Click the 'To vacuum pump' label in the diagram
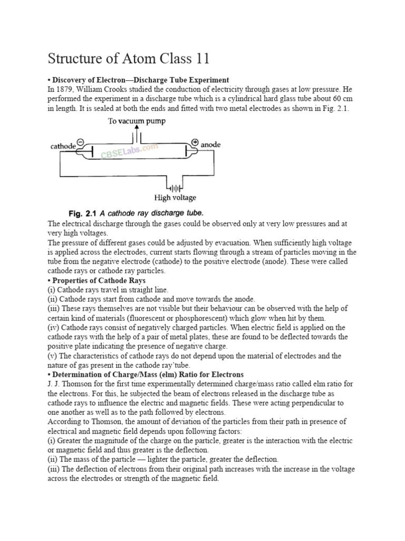pyautogui.click(x=137, y=122)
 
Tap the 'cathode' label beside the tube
pyautogui.click(x=63, y=146)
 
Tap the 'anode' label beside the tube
pyautogui.click(x=210, y=145)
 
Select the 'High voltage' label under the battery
pyautogui.click(x=175, y=198)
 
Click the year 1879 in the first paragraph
pyautogui.click(x=65, y=90)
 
